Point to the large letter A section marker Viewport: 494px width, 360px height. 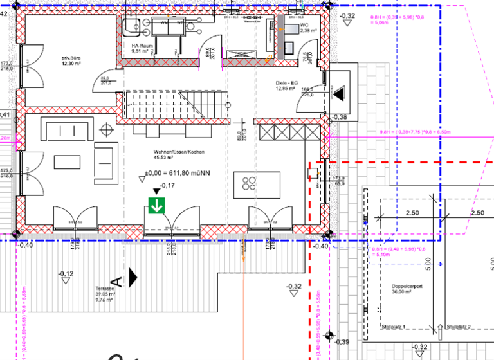click(116, 280)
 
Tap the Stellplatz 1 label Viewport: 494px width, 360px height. click(394, 327)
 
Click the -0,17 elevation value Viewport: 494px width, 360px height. click(167, 186)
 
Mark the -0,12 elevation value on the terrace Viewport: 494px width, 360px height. click(65, 274)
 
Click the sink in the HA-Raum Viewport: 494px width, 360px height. click(133, 25)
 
